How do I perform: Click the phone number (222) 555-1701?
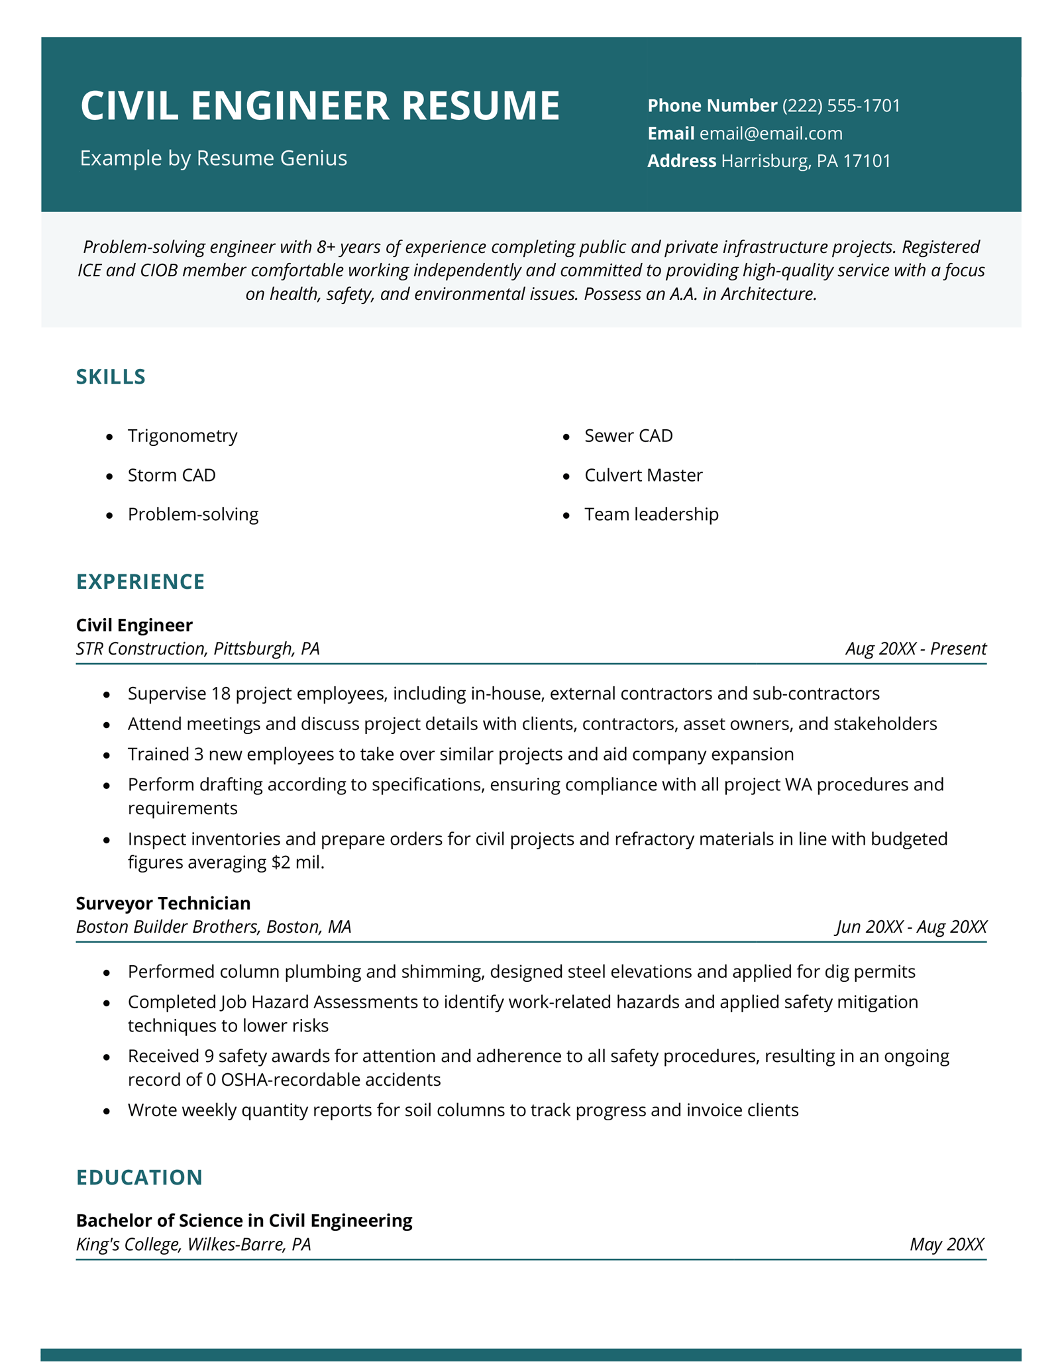click(x=841, y=106)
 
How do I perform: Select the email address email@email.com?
click(x=771, y=134)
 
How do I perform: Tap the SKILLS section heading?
click(x=111, y=377)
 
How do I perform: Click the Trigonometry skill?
click(x=182, y=436)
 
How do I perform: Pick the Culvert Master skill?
click(x=643, y=476)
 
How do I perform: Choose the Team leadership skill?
click(x=651, y=515)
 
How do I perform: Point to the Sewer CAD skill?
click(x=628, y=436)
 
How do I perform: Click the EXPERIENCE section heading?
click(x=140, y=582)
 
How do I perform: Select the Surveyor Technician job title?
click(x=163, y=904)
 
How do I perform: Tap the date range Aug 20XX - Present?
click(x=916, y=649)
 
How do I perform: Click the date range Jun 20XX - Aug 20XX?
click(x=911, y=927)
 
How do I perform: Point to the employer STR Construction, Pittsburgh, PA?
click(x=198, y=649)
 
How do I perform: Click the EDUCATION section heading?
click(x=139, y=1177)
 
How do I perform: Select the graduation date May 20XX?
click(x=947, y=1244)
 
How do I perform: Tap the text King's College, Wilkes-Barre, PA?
click(x=193, y=1245)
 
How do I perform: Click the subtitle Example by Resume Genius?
click(x=213, y=158)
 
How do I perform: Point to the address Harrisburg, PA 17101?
click(x=806, y=161)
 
